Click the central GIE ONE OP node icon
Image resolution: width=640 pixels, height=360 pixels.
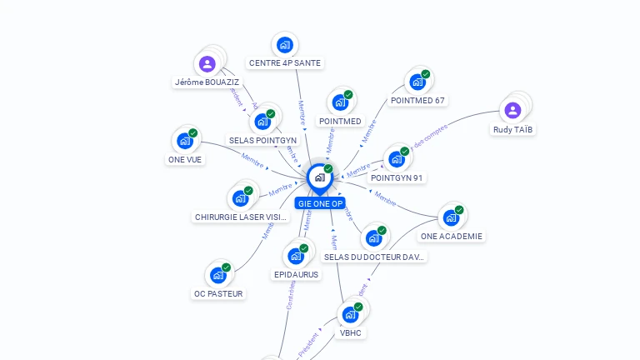pos(319,177)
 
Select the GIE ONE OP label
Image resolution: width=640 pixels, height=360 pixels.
pos(320,203)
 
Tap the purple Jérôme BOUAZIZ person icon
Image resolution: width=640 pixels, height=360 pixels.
pos(207,63)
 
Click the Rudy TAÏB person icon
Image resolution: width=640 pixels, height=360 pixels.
pos(512,110)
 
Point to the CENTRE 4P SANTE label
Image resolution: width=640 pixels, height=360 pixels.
pos(285,62)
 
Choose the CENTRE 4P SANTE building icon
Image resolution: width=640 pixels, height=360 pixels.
pos(285,45)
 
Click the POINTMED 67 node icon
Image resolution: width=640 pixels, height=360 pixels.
pos(417,82)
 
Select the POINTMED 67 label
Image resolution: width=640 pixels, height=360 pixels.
pos(418,101)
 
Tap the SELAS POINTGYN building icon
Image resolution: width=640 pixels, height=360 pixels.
pos(263,122)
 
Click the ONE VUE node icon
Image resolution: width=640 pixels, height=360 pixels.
pos(185,141)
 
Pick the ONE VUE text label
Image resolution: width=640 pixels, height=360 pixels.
pos(185,159)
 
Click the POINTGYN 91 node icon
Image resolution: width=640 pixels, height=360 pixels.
pos(396,159)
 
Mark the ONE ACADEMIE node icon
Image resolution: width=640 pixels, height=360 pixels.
pos(451,217)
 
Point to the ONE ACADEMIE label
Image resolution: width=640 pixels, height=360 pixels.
pos(452,236)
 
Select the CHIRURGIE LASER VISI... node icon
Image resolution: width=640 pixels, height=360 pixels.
pos(240,198)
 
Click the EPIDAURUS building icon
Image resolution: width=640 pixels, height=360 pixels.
pos(296,256)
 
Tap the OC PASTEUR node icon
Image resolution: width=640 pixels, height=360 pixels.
pos(218,275)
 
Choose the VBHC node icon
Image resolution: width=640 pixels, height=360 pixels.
pos(351,314)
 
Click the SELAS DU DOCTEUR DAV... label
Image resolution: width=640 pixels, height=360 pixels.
pos(375,257)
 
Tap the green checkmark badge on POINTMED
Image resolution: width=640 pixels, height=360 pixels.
pos(348,94)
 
